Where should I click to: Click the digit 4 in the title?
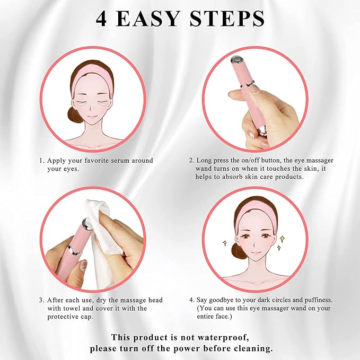click(x=101, y=19)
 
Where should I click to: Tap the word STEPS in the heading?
click(x=227, y=19)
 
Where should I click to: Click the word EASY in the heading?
click(x=147, y=19)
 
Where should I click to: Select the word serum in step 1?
click(x=120, y=161)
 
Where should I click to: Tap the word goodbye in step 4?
click(x=221, y=300)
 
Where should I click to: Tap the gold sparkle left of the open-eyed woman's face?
click(x=225, y=243)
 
